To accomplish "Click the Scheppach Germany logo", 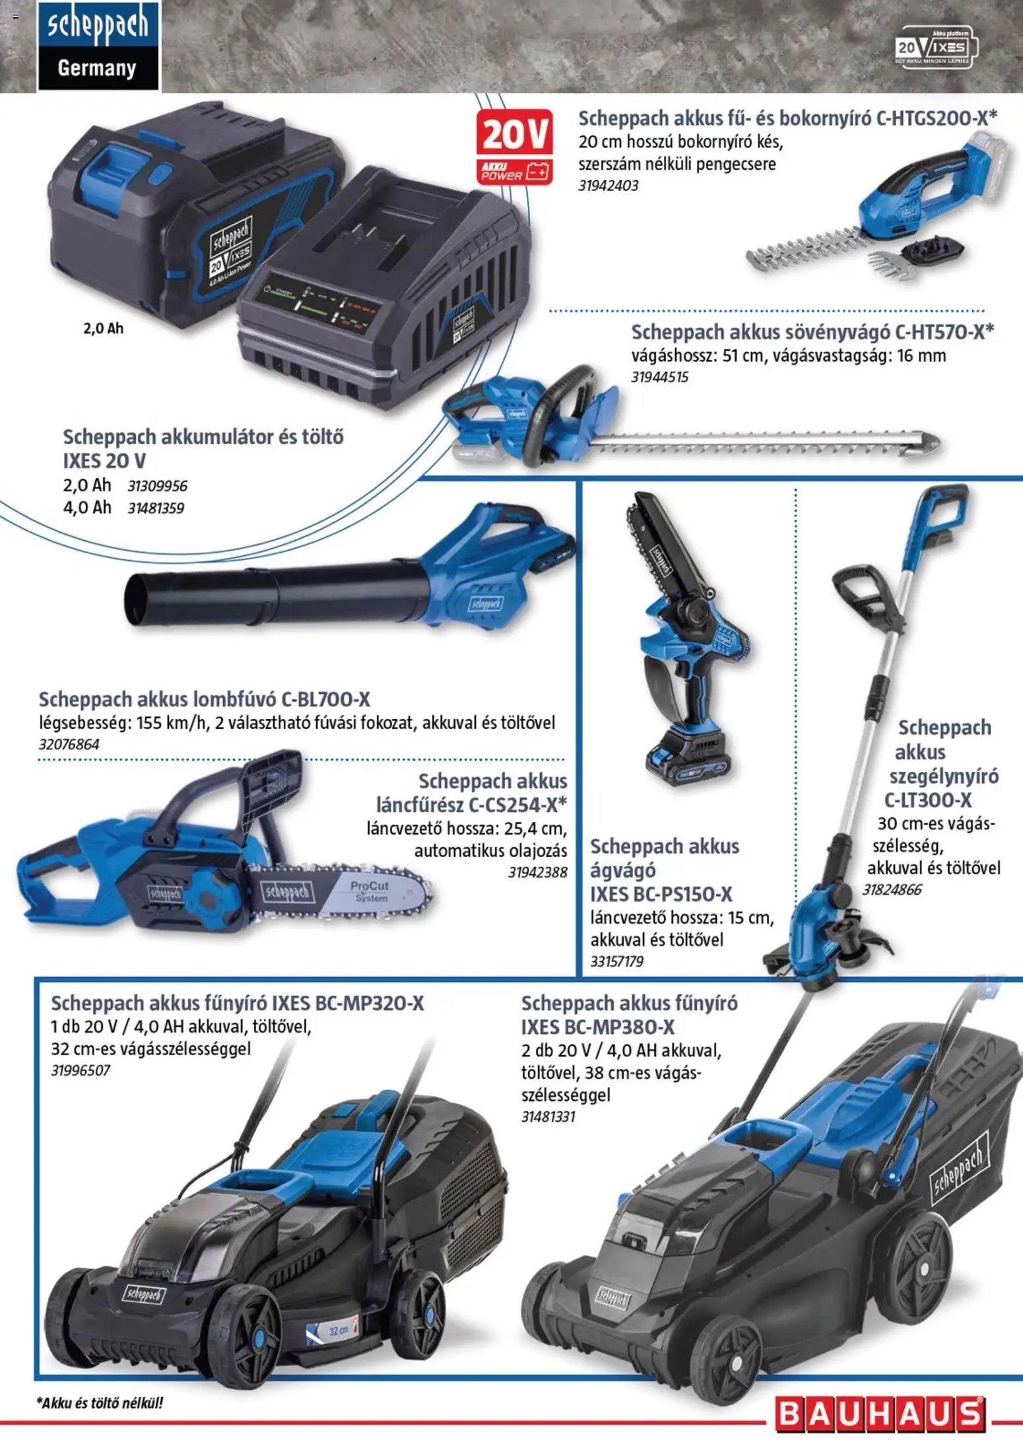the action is pyautogui.click(x=98, y=46).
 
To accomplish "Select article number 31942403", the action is pyautogui.click(x=609, y=186).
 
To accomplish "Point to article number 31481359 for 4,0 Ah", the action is pyautogui.click(x=156, y=508).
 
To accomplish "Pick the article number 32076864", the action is pyautogui.click(x=69, y=744).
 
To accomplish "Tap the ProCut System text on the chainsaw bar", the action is pyautogui.click(x=370, y=891).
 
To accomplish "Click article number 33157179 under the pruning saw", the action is pyautogui.click(x=616, y=961).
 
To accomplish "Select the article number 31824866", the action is pyautogui.click(x=892, y=889).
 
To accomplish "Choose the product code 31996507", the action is pyautogui.click(x=81, y=1070).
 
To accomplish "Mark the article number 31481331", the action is pyautogui.click(x=548, y=1117).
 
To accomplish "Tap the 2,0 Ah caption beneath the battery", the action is pyautogui.click(x=103, y=328).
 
